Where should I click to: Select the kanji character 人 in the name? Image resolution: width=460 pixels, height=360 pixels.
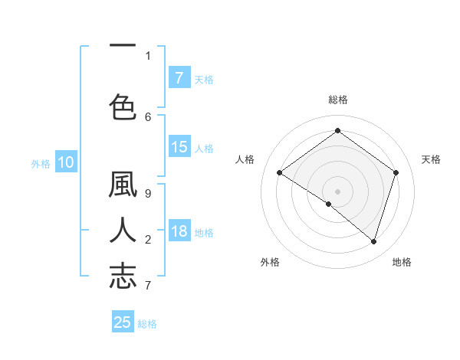point(123,231)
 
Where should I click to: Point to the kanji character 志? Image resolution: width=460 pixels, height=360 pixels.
point(123,276)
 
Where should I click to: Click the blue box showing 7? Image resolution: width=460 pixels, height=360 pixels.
point(179,78)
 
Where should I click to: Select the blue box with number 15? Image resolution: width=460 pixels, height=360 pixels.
point(179,147)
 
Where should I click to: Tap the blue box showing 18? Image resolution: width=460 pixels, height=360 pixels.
point(179,231)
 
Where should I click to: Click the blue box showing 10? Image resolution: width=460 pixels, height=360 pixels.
point(65,162)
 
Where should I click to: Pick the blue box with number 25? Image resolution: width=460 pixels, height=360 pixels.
point(123,322)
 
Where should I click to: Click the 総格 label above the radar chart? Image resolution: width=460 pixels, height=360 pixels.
point(337,100)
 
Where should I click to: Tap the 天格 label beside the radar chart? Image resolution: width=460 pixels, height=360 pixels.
point(431,159)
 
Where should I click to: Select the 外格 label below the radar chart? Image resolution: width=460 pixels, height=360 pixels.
point(270,262)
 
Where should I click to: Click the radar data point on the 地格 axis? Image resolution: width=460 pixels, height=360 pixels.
point(373,241)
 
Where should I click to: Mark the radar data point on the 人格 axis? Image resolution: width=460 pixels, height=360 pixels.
point(280,172)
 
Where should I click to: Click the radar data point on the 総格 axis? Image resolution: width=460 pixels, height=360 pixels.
point(337,131)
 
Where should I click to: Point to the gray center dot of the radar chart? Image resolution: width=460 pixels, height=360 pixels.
point(337,191)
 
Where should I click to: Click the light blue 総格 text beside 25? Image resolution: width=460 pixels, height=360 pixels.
point(147,324)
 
